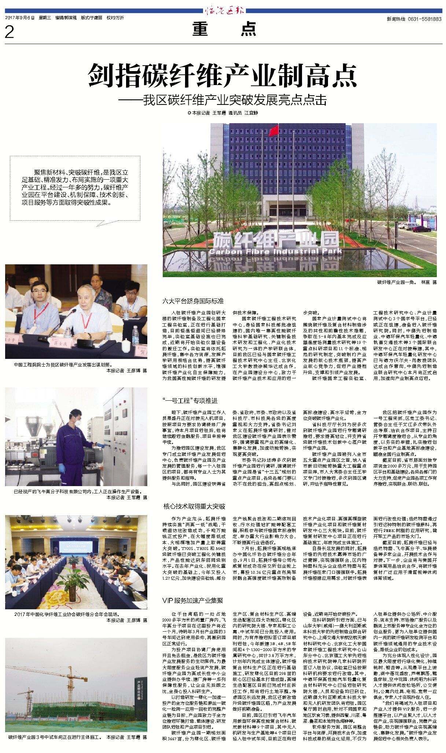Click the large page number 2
click(10, 32)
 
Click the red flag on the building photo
click(273, 131)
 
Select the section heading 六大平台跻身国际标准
click(193, 301)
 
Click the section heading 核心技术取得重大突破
click(194, 506)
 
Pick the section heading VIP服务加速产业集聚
click(193, 600)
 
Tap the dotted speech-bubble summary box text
click(75, 187)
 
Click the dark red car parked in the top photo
click(422, 229)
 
